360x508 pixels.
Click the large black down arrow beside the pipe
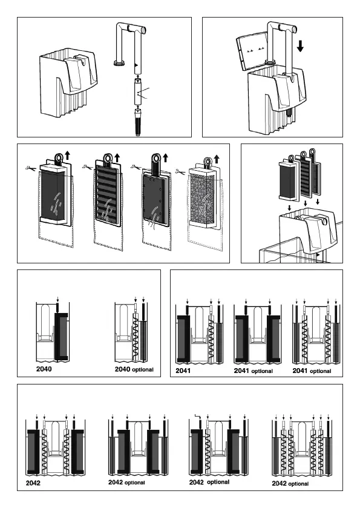tap(300, 46)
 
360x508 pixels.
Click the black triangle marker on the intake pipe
tap(136, 65)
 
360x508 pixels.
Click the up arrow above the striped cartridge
tap(117, 158)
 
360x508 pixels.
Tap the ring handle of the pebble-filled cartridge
tap(207, 161)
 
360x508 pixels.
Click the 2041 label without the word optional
tap(183, 371)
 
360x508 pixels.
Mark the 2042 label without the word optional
tap(33, 483)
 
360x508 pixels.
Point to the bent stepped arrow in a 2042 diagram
tap(198, 417)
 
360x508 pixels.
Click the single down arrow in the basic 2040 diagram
tap(57, 299)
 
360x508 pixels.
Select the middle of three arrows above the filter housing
tap(306, 203)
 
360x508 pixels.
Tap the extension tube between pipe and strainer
tap(138, 93)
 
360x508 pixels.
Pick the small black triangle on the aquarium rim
tap(318, 255)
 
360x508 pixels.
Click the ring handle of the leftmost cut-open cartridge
tap(59, 158)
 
